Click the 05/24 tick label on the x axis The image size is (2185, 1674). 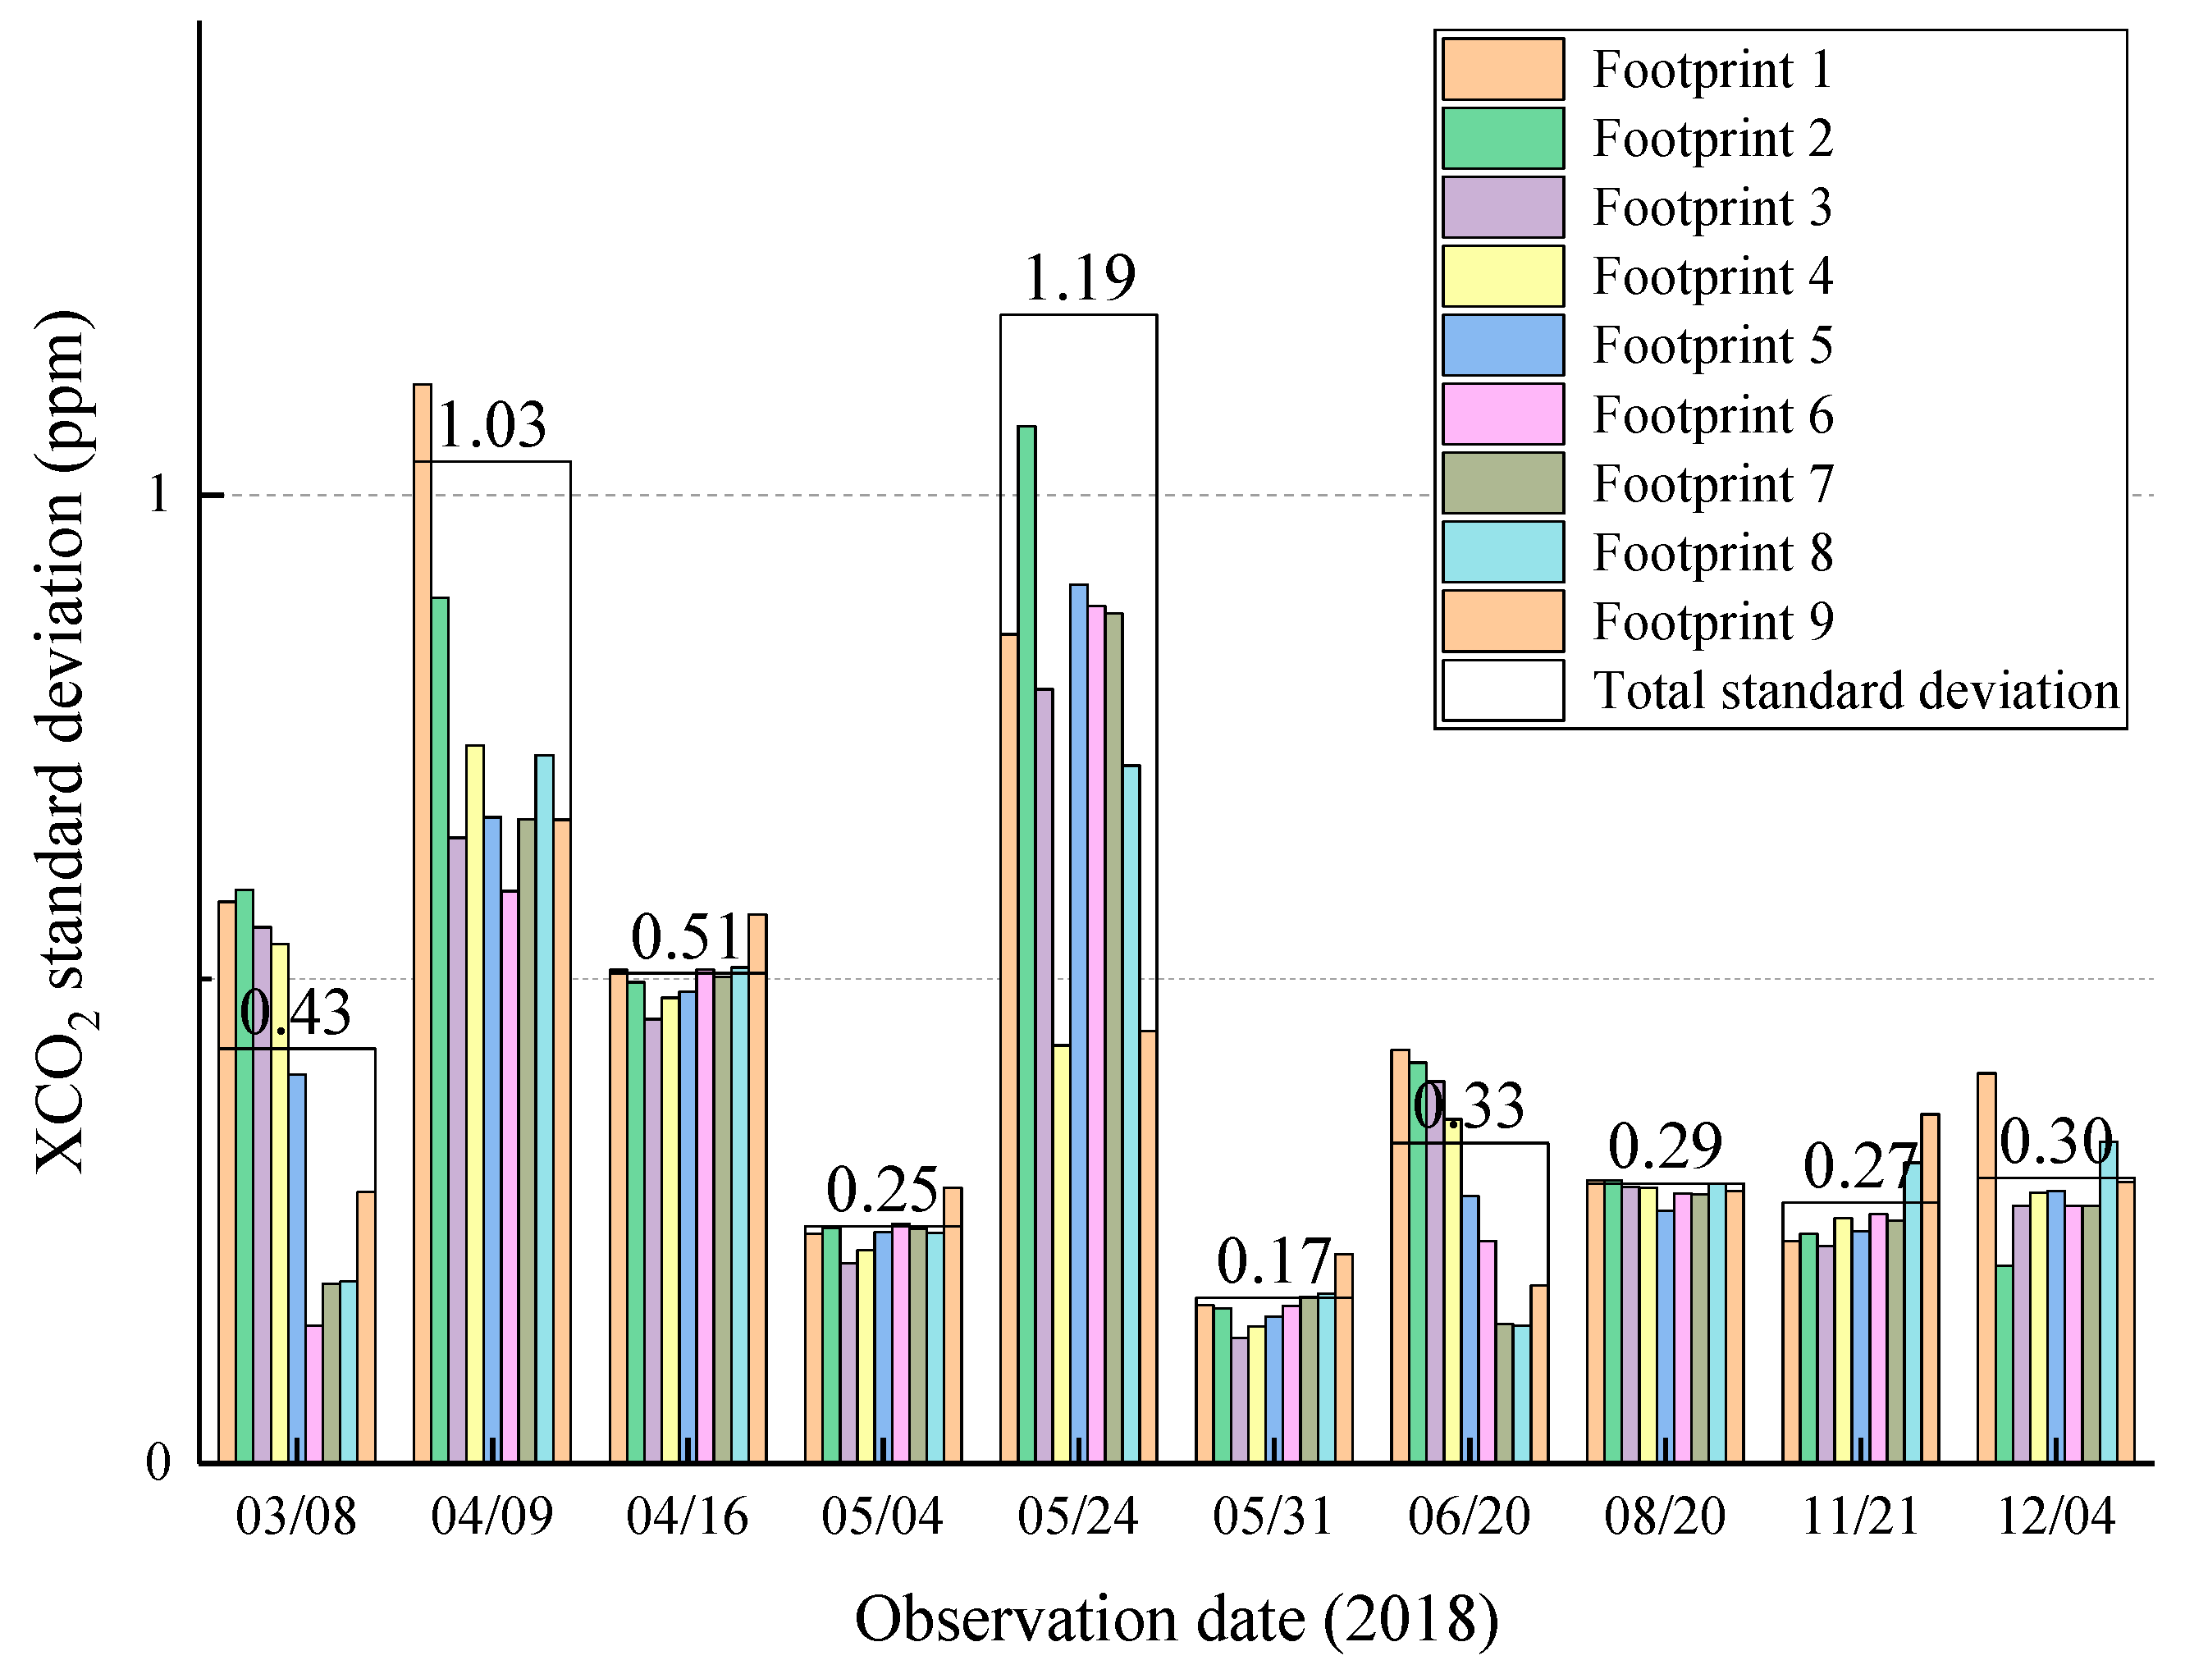(x=1078, y=1516)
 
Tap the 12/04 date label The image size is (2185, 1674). (x=2056, y=1516)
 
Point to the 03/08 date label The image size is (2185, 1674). (x=296, y=1516)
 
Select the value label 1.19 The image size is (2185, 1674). (x=1079, y=278)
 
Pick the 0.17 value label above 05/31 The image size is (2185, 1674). (x=1273, y=1262)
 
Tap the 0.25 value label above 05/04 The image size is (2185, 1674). (x=882, y=1190)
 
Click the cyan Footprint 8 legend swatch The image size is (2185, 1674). (x=1502, y=552)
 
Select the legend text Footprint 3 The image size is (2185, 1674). (x=1712, y=208)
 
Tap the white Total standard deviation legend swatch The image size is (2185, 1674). (x=1502, y=689)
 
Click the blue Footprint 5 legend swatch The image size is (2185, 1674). (x=1502, y=345)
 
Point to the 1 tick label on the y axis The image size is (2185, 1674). (x=158, y=494)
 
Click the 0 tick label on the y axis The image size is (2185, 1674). (x=158, y=1463)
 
